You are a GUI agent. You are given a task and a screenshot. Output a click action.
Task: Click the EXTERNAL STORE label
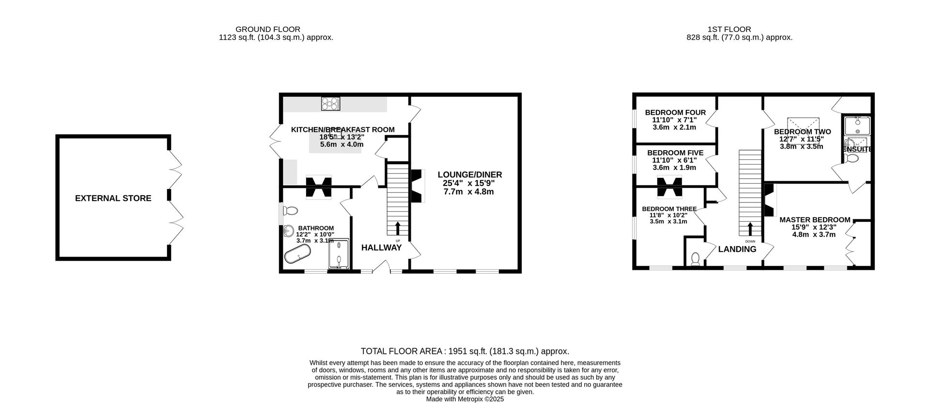coord(113,198)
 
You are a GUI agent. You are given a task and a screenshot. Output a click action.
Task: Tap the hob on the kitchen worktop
coord(331,104)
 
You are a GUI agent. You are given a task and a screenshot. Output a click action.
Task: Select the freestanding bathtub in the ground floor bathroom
coord(297,253)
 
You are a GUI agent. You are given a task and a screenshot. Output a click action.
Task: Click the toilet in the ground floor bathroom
coord(291,211)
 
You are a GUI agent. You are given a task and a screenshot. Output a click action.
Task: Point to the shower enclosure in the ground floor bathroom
coord(339,254)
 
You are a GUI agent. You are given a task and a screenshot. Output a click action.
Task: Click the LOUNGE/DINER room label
coord(469,175)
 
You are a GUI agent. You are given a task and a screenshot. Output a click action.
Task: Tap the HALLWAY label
coord(381,248)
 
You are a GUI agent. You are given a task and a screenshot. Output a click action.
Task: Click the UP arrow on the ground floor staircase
coord(398,228)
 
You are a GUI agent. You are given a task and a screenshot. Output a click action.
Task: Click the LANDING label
coord(737,249)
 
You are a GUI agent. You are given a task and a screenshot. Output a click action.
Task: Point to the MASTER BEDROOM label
coord(815,220)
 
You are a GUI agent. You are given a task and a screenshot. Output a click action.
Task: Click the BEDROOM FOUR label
coord(675,113)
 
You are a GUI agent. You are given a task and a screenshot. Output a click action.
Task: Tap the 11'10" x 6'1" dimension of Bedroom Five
coord(675,160)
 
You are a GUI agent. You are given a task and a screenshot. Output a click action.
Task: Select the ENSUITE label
coord(857,149)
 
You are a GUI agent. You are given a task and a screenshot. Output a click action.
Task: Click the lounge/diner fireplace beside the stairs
coord(417,186)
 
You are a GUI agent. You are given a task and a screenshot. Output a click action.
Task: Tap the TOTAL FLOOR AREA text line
coord(465,351)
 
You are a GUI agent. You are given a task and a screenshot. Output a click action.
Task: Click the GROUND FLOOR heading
coord(267,30)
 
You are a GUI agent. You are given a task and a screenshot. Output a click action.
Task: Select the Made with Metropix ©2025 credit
coord(465,399)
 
